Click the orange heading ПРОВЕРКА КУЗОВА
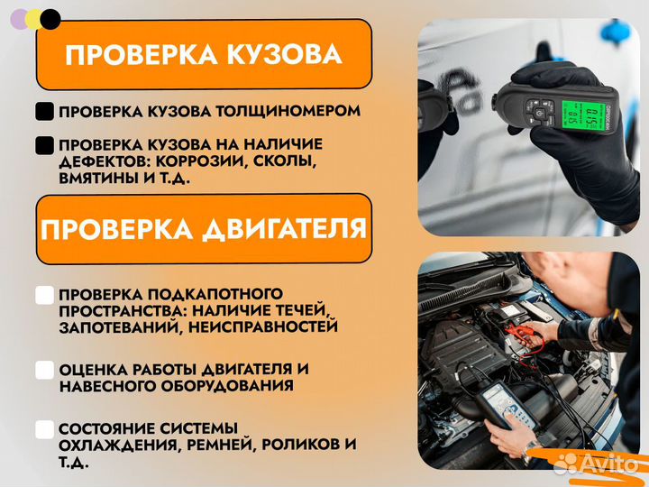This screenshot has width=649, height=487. (x=204, y=55)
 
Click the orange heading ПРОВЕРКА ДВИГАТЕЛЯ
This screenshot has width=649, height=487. (x=204, y=227)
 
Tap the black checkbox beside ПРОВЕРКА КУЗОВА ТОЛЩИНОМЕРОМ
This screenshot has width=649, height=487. (x=44, y=112)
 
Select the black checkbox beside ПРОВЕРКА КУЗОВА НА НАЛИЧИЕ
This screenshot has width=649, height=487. (x=44, y=145)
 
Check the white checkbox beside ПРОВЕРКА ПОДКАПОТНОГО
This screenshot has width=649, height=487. (x=44, y=295)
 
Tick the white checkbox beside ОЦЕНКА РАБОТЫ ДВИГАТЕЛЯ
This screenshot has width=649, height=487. (x=44, y=370)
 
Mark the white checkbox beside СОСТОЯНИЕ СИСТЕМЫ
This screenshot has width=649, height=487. (x=44, y=428)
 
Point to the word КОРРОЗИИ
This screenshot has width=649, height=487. (x=200, y=161)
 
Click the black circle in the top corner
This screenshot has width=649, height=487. (x=51, y=19)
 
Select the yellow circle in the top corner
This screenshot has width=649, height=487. (x=35, y=19)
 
